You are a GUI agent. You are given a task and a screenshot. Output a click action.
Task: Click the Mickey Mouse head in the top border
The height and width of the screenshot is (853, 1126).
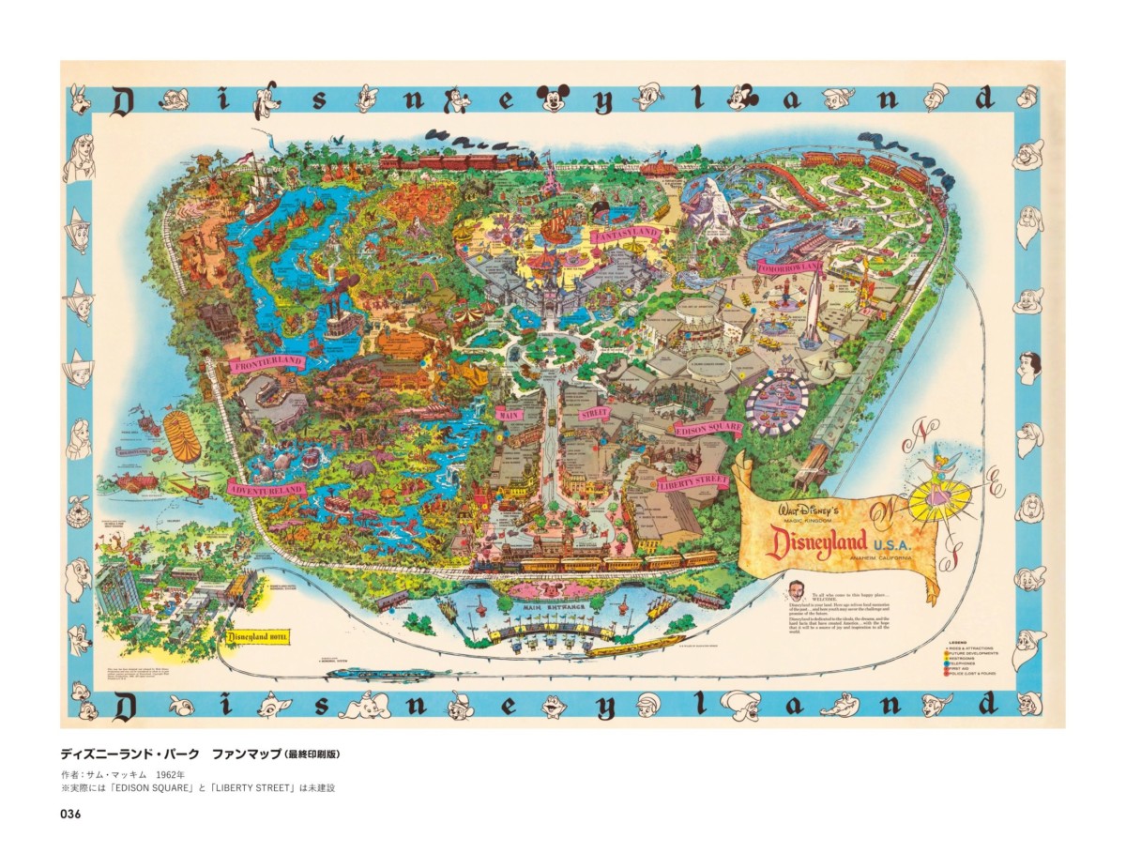[x=555, y=97]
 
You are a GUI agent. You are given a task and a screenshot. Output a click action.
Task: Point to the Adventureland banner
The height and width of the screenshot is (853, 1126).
[x=266, y=489]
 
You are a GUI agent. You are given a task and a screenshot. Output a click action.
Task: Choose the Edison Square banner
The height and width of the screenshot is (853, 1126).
[x=709, y=429]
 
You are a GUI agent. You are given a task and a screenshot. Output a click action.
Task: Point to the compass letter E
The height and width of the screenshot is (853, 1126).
[x=996, y=489]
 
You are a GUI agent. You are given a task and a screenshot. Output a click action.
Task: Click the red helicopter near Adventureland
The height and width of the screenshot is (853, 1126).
[x=190, y=488]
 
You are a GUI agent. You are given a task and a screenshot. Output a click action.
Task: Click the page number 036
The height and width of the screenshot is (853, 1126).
[x=70, y=814]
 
